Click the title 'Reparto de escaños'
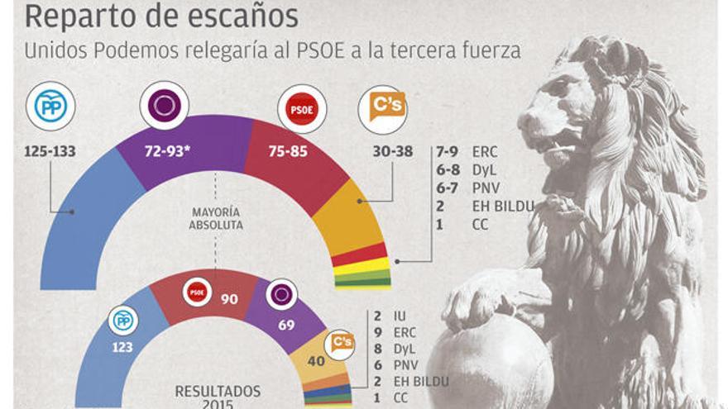[x=161, y=16]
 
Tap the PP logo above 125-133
[x=50, y=106]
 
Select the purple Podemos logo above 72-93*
[x=164, y=106]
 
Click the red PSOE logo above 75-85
[x=301, y=109]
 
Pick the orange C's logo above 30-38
[x=382, y=109]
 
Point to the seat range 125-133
[x=51, y=152]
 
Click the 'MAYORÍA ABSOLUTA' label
[x=216, y=219]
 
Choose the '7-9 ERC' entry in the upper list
[x=468, y=152]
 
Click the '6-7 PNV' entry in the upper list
[x=468, y=188]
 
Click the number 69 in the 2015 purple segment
[x=285, y=325]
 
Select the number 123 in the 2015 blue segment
[x=122, y=347]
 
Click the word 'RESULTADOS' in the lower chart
[x=217, y=391]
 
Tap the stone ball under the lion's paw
[x=496, y=364]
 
